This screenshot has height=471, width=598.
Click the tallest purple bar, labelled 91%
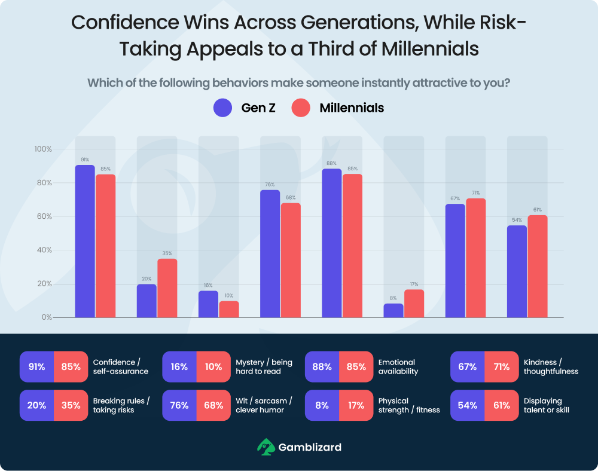tap(85, 241)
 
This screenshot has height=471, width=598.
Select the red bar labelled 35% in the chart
tap(167, 288)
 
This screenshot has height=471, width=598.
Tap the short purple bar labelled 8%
tap(393, 311)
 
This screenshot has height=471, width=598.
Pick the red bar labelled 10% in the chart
tap(229, 309)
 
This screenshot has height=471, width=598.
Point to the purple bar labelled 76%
tap(270, 254)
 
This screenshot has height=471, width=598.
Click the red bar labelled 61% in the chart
tap(538, 267)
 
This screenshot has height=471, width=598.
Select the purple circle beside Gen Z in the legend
tap(222, 108)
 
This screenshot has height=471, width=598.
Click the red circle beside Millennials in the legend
tap(301, 108)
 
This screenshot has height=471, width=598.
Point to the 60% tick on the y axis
tap(44, 216)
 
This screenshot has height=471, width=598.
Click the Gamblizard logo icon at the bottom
tap(266, 446)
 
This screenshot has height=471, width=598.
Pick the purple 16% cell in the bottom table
tap(179, 367)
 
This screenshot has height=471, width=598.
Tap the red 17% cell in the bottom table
tap(356, 405)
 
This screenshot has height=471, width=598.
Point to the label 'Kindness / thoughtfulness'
tap(551, 367)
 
